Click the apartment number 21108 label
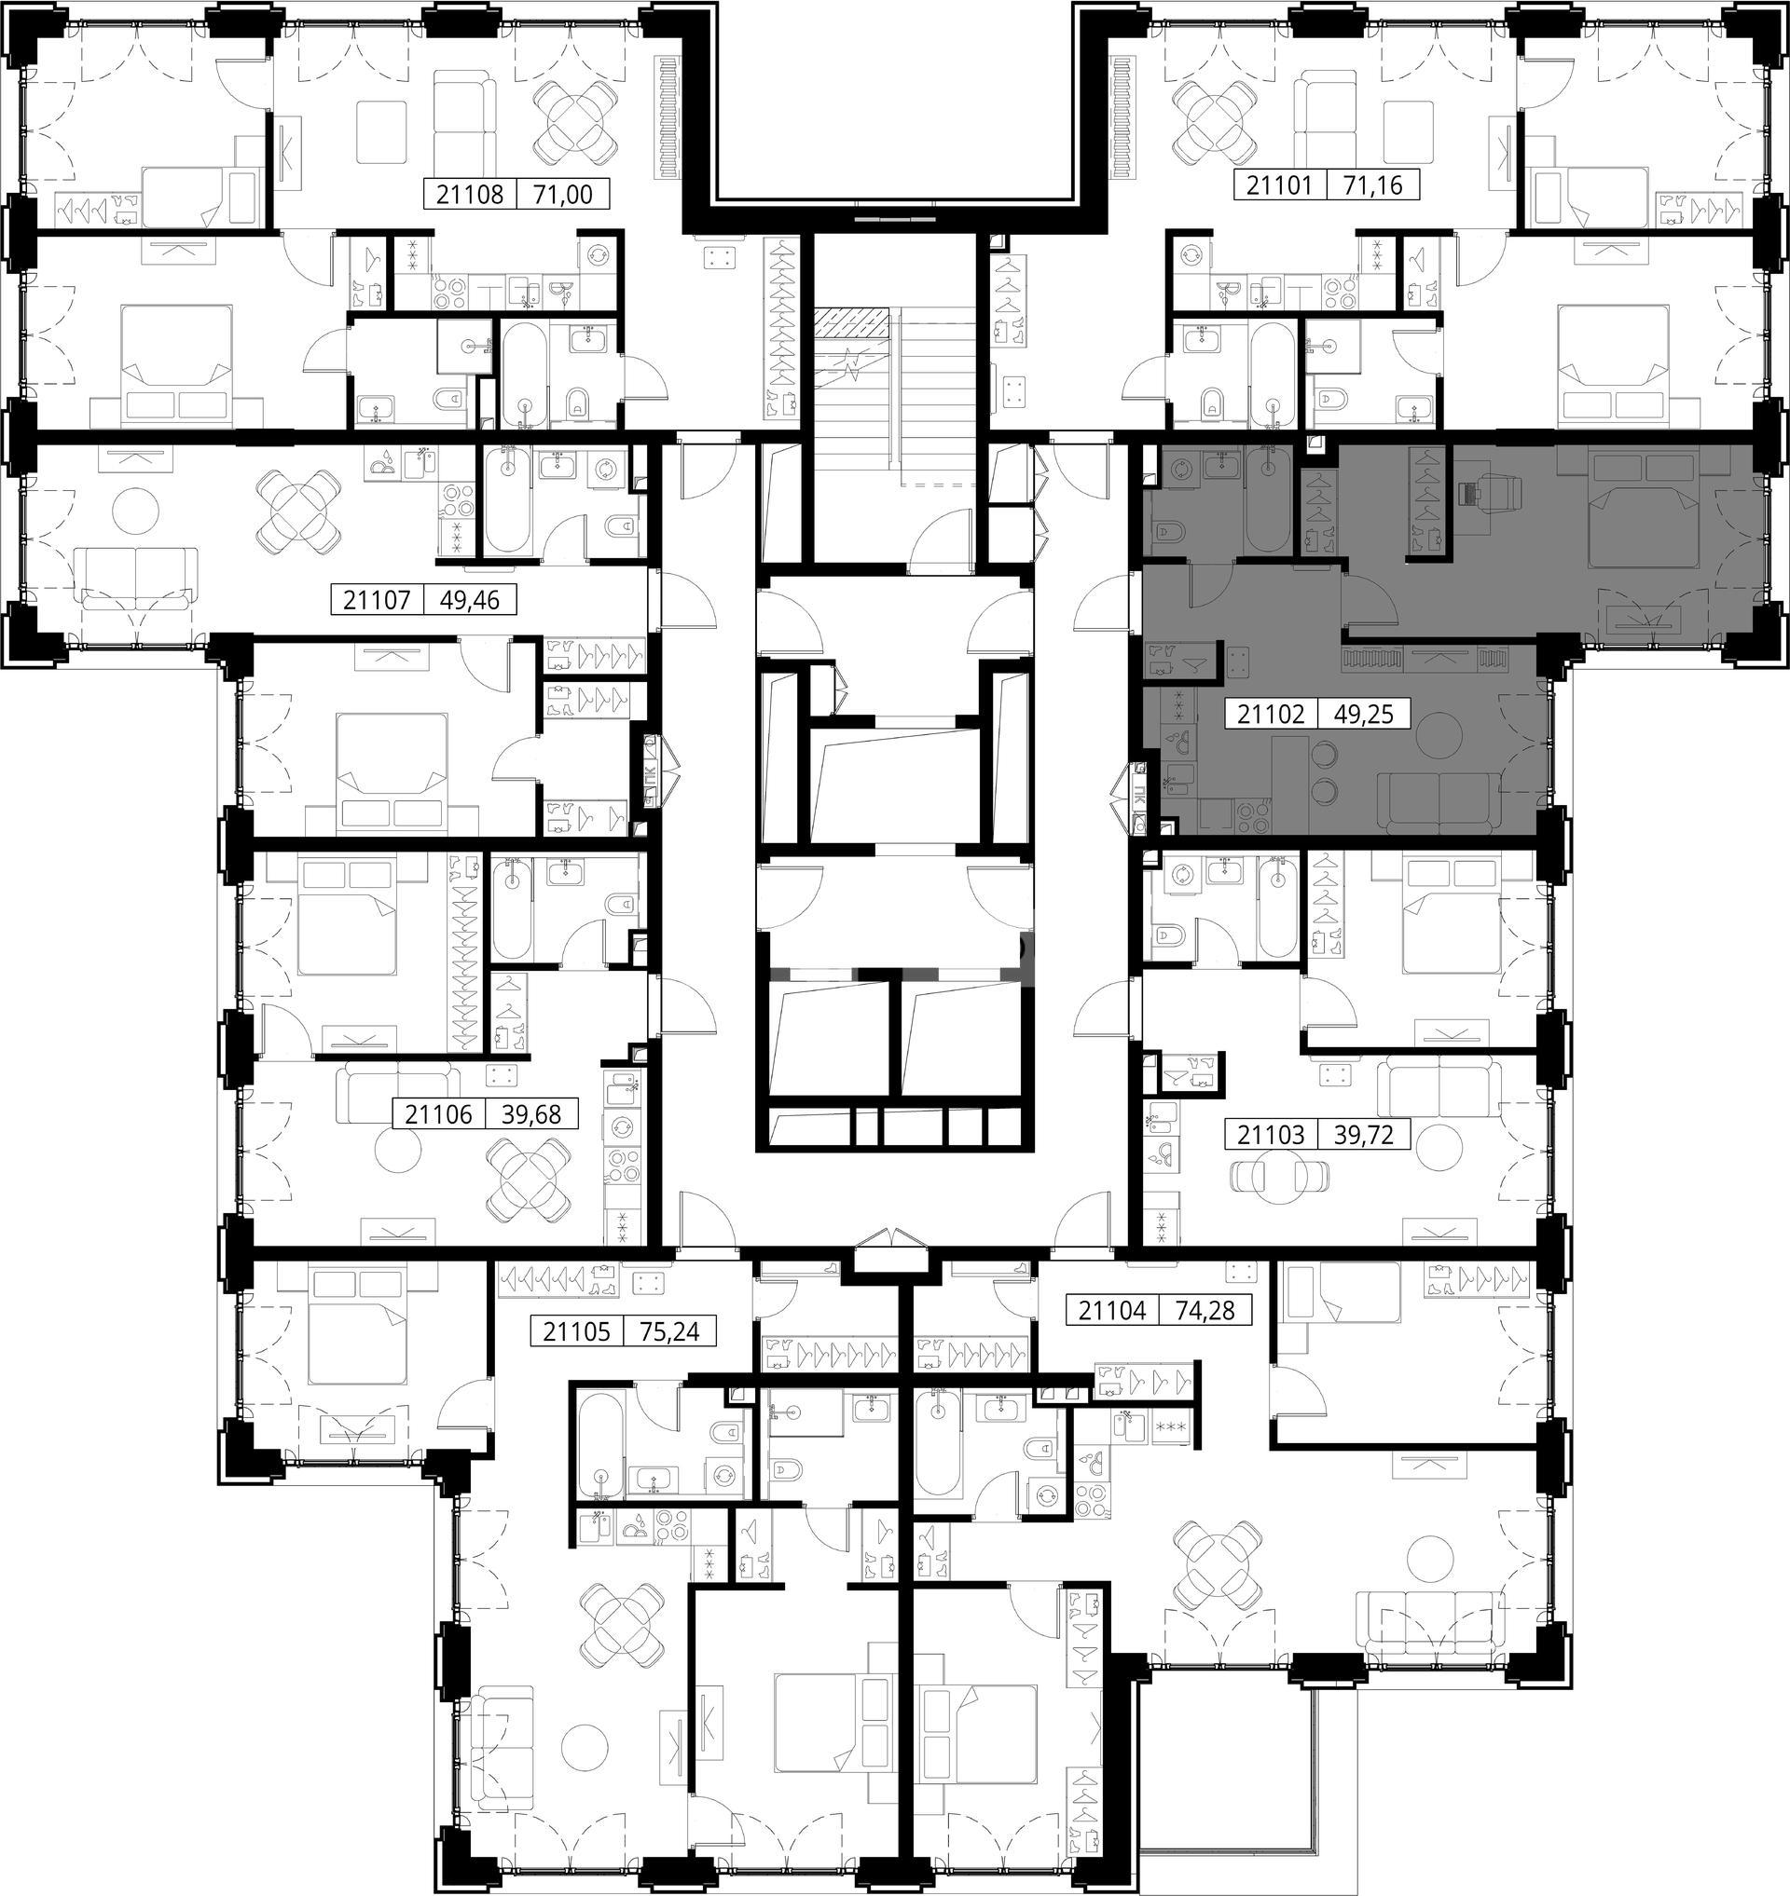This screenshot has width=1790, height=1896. pyautogui.click(x=470, y=195)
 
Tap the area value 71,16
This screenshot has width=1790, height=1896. pyautogui.click(x=1373, y=184)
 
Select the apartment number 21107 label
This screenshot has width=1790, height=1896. pyautogui.click(x=377, y=601)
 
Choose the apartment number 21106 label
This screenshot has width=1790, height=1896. pyautogui.click(x=438, y=1114)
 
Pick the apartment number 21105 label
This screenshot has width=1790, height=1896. pyautogui.click(x=576, y=1330)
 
